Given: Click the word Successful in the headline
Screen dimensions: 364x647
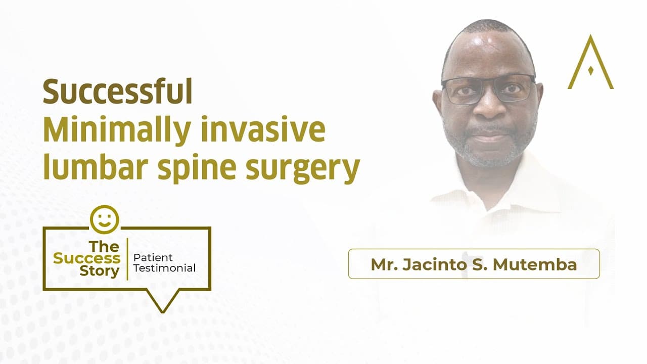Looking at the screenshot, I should click(117, 92).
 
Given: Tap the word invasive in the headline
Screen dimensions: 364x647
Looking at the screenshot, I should click(263, 130).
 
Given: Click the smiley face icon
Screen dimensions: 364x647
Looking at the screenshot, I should click(104, 219).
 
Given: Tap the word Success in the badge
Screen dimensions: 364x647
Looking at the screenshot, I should click(87, 258).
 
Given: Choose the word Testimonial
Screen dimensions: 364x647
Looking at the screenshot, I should click(164, 268).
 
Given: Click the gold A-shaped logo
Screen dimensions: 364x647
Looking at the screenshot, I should click(590, 63).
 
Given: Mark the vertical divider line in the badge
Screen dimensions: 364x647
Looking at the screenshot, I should click(127, 259).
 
